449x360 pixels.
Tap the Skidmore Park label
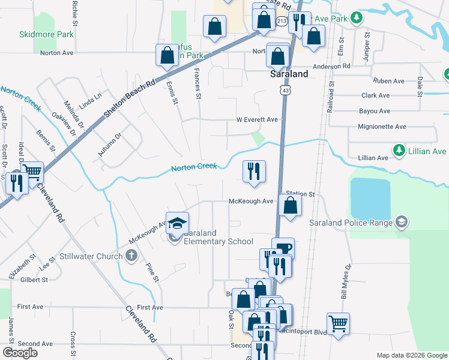click(46, 34)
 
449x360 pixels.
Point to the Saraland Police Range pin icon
click(401, 223)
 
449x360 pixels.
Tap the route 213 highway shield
click(282, 21)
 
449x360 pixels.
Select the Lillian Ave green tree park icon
click(397, 148)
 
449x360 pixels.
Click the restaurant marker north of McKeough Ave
click(254, 172)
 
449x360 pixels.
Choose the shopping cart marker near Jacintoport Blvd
click(339, 324)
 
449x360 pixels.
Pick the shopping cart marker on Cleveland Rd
click(32, 173)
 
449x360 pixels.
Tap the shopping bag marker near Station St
click(290, 206)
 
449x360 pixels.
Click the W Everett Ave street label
click(257, 119)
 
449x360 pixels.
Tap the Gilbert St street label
click(33, 280)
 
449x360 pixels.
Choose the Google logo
click(20, 353)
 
